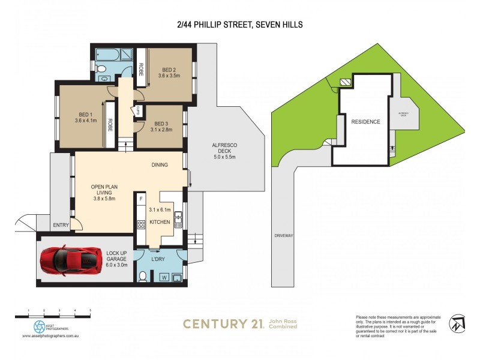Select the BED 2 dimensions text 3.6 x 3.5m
click(x=169, y=76)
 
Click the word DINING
click(x=159, y=165)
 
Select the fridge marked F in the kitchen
click(x=141, y=198)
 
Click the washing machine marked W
click(x=164, y=277)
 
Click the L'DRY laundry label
click(x=158, y=259)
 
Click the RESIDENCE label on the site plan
click(x=365, y=122)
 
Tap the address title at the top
click(x=239, y=25)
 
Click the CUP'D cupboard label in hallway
click(x=138, y=110)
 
